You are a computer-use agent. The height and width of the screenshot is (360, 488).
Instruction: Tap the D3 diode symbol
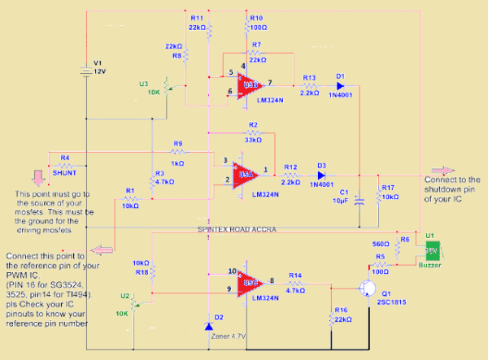coord(322,175)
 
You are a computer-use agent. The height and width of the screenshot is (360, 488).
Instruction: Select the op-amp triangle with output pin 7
coord(248,85)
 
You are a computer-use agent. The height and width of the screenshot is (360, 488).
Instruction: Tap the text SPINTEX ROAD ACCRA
coord(237,230)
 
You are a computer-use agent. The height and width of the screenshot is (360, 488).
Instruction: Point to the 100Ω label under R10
coord(256,27)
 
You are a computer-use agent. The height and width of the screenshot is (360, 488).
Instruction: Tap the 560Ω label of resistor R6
coord(380,243)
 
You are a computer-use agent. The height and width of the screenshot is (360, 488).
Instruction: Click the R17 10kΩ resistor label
coord(388,192)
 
